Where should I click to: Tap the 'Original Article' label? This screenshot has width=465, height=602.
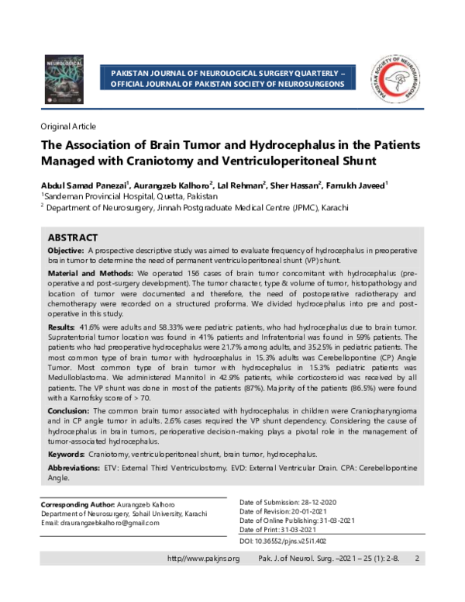[69, 126]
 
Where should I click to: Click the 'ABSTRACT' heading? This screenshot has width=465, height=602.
[73, 237]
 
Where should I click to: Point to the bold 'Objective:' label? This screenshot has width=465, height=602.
[66, 251]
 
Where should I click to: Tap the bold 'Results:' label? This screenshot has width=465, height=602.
[63, 329]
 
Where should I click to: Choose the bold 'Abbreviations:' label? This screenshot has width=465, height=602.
[74, 469]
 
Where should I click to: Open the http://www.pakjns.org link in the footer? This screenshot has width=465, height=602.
[204, 559]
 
